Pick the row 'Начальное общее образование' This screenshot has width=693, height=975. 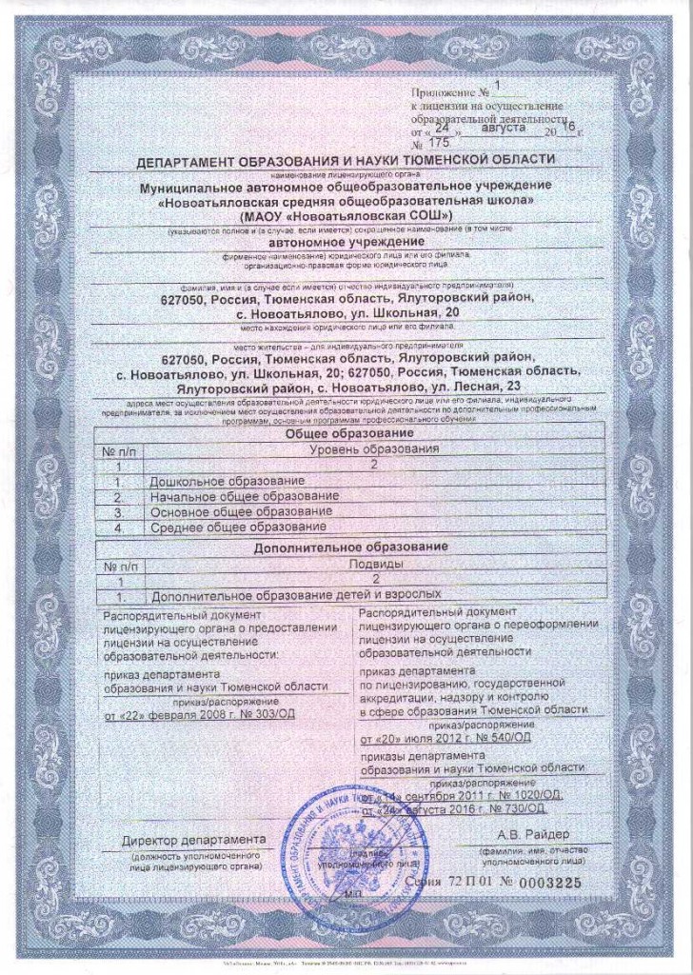(245, 496)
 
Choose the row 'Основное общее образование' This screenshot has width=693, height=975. (240, 511)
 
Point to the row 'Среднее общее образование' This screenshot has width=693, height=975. (238, 527)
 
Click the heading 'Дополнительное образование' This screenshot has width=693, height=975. (348, 549)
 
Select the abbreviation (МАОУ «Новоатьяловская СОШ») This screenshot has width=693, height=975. (346, 217)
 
